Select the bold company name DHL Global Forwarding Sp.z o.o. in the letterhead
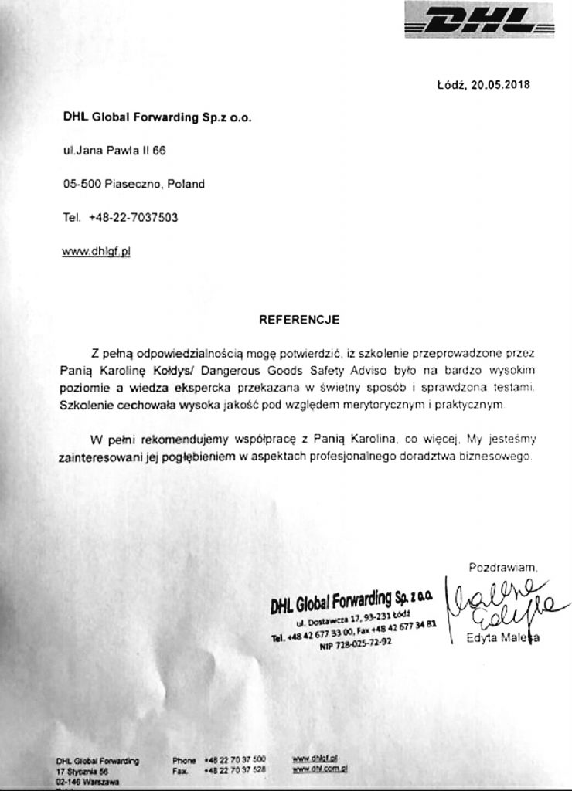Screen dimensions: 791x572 [158, 118]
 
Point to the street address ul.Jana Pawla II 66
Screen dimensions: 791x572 [114, 151]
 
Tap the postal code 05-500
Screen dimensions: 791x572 [78, 185]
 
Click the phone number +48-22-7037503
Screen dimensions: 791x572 [134, 218]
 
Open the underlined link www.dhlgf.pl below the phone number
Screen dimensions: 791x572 [97, 251]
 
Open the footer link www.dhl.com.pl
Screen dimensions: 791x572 [319, 769]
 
